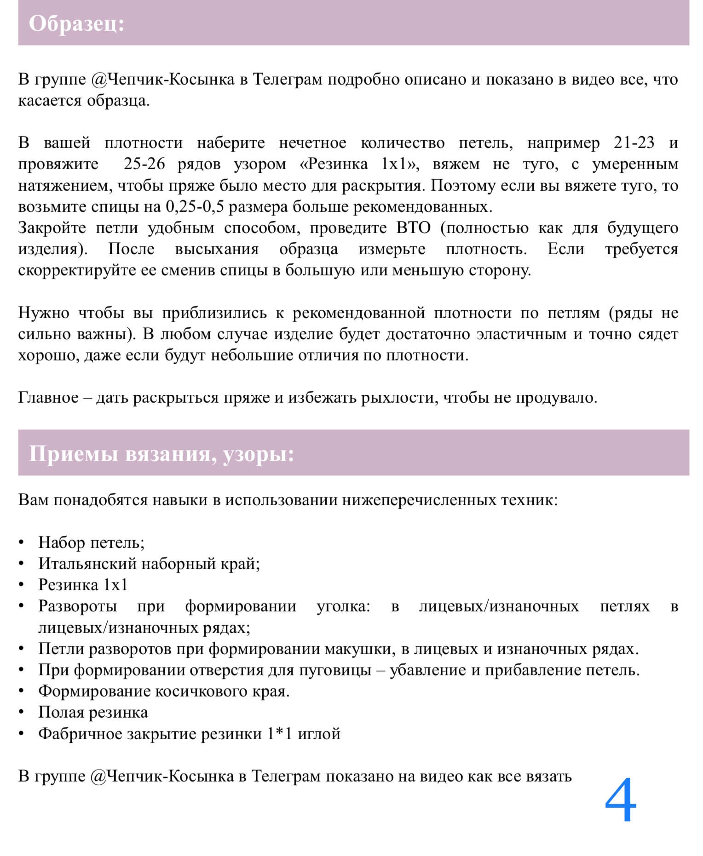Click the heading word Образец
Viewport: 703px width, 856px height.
click(x=76, y=23)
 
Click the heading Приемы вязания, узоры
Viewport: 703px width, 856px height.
click(x=161, y=454)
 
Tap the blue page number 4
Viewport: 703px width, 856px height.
click(x=620, y=800)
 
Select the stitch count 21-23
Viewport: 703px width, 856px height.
click(x=634, y=143)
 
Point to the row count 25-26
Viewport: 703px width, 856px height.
click(x=144, y=164)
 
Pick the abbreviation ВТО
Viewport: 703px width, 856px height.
click(x=413, y=228)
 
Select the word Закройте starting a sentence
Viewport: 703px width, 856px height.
click(x=52, y=228)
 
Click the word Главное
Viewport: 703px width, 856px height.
click(x=48, y=398)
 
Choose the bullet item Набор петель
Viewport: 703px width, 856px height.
click(x=91, y=542)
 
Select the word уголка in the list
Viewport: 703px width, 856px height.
click(x=343, y=606)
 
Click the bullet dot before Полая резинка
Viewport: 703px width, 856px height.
click(x=22, y=713)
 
